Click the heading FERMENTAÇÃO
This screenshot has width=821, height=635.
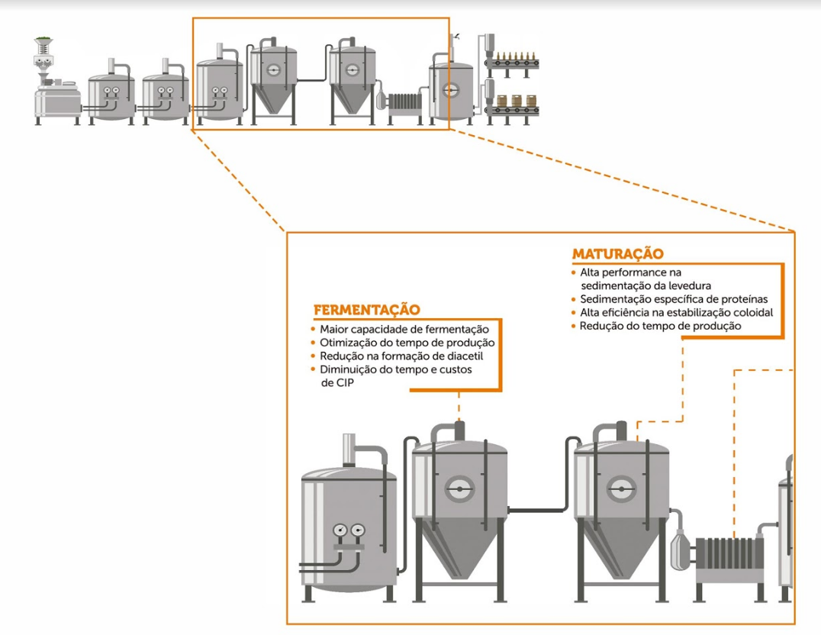point(367,310)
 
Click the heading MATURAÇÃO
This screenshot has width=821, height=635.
point(618,253)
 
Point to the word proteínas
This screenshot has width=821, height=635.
point(741,299)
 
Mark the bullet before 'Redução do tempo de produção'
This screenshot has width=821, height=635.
point(573,326)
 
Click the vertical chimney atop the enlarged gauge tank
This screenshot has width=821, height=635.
point(349,450)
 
